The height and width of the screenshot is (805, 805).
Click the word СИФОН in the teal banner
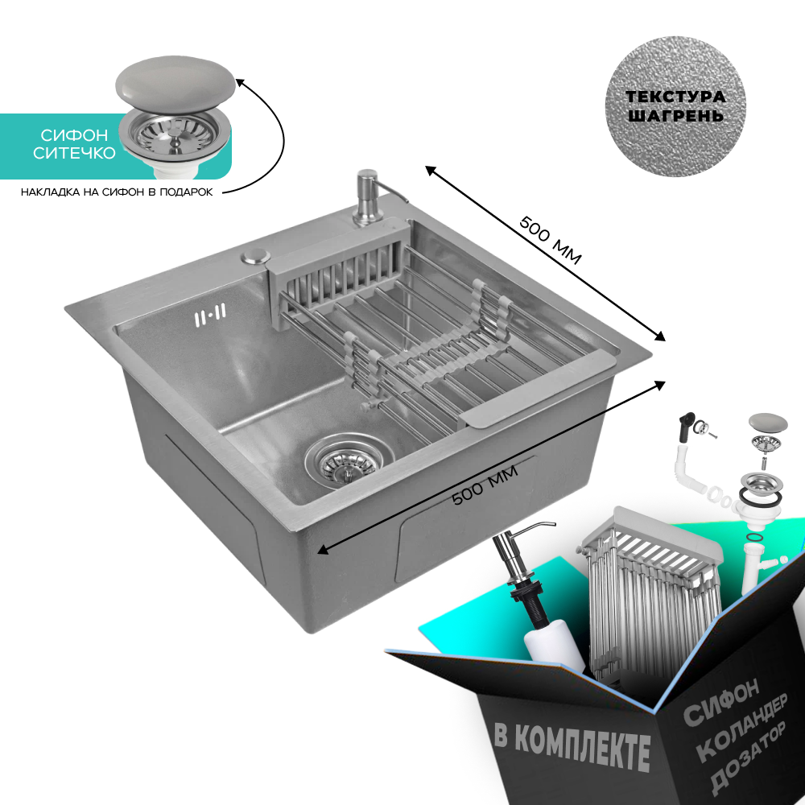pos(74,135)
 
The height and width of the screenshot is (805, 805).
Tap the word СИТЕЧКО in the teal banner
pos(74,153)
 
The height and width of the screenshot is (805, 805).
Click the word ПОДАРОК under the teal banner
pos(187,192)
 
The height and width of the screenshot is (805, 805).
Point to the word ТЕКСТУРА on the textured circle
pos(675,97)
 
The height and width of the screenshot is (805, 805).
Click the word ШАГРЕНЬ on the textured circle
pos(675,115)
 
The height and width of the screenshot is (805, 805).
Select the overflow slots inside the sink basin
pos(210,314)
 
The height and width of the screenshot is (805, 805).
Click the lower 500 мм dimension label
pos(485,485)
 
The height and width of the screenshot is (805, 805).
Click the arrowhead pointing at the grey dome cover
pos(239,82)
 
